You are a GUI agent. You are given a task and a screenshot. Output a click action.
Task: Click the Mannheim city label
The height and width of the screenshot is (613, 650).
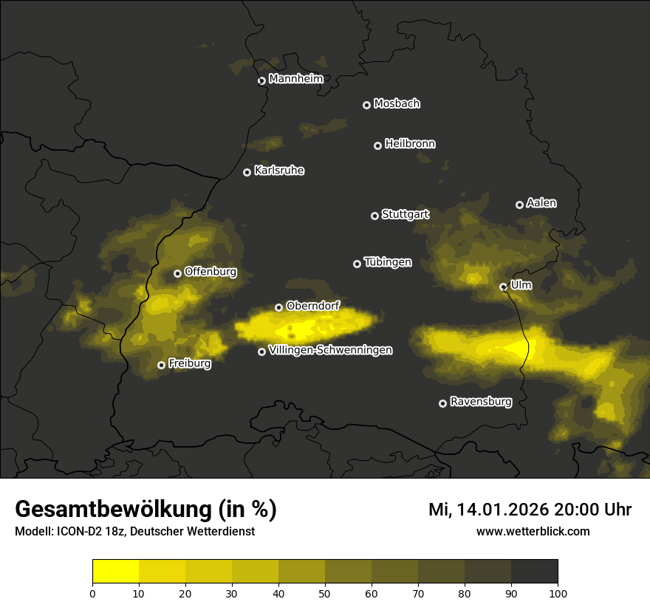click(x=295, y=79)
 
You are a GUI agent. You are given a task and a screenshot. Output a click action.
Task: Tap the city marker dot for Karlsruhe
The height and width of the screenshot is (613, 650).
click(x=247, y=172)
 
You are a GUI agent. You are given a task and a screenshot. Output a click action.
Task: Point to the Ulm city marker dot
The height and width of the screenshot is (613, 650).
click(x=503, y=287)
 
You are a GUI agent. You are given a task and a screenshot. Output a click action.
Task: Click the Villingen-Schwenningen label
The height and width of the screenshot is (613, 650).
click(x=330, y=350)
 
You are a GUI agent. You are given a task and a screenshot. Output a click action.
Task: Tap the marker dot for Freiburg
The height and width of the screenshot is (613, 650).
click(x=161, y=365)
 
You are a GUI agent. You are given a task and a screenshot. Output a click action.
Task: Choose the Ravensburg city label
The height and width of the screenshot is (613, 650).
click(x=480, y=403)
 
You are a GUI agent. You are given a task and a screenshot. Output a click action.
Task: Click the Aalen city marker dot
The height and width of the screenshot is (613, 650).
click(x=519, y=205)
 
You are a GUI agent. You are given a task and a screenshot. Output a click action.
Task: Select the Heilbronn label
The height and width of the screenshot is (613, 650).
click(x=410, y=144)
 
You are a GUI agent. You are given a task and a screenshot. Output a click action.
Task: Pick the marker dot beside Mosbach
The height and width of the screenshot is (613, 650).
click(x=366, y=105)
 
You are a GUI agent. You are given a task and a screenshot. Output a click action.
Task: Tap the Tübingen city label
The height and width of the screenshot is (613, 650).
click(x=388, y=262)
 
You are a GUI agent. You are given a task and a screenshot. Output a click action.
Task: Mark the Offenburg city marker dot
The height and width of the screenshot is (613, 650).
click(x=177, y=273)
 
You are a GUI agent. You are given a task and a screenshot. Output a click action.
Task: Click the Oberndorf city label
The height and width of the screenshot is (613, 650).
click(x=312, y=306)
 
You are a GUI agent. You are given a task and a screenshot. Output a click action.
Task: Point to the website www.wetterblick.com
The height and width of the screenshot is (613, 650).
click(x=533, y=531)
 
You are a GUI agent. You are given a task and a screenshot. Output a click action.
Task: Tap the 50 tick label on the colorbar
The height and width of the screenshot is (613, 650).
click(x=325, y=592)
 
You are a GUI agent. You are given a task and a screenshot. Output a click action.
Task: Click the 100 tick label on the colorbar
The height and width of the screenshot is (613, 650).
click(x=558, y=592)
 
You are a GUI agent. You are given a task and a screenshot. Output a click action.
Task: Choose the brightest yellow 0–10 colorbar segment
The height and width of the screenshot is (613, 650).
click(x=116, y=572)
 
